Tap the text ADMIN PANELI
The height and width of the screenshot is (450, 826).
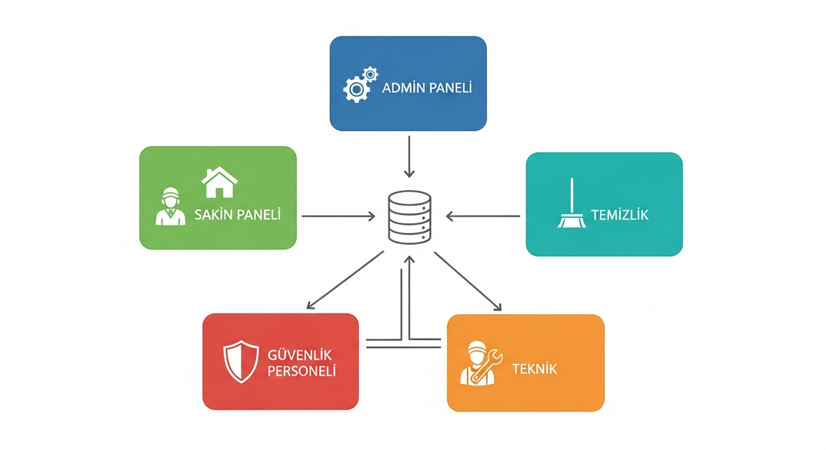click(x=426, y=88)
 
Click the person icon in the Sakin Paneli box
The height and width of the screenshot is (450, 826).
click(x=170, y=206)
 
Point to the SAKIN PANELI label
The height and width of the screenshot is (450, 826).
click(x=237, y=215)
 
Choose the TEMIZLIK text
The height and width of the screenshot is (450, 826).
click(x=619, y=215)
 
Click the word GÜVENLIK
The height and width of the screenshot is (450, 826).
click(x=299, y=355)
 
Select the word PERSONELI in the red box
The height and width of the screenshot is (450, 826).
click(x=302, y=371)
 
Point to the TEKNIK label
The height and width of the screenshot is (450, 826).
click(x=534, y=369)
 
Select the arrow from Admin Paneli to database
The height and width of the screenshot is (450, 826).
click(x=409, y=156)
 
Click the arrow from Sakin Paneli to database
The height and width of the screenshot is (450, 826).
click(x=338, y=216)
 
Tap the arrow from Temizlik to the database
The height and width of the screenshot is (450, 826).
click(x=483, y=216)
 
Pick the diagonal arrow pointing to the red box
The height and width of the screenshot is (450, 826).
click(x=345, y=280)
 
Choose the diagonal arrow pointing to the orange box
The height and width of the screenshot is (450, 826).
click(x=468, y=281)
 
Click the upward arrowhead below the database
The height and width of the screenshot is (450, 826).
click(x=409, y=259)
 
